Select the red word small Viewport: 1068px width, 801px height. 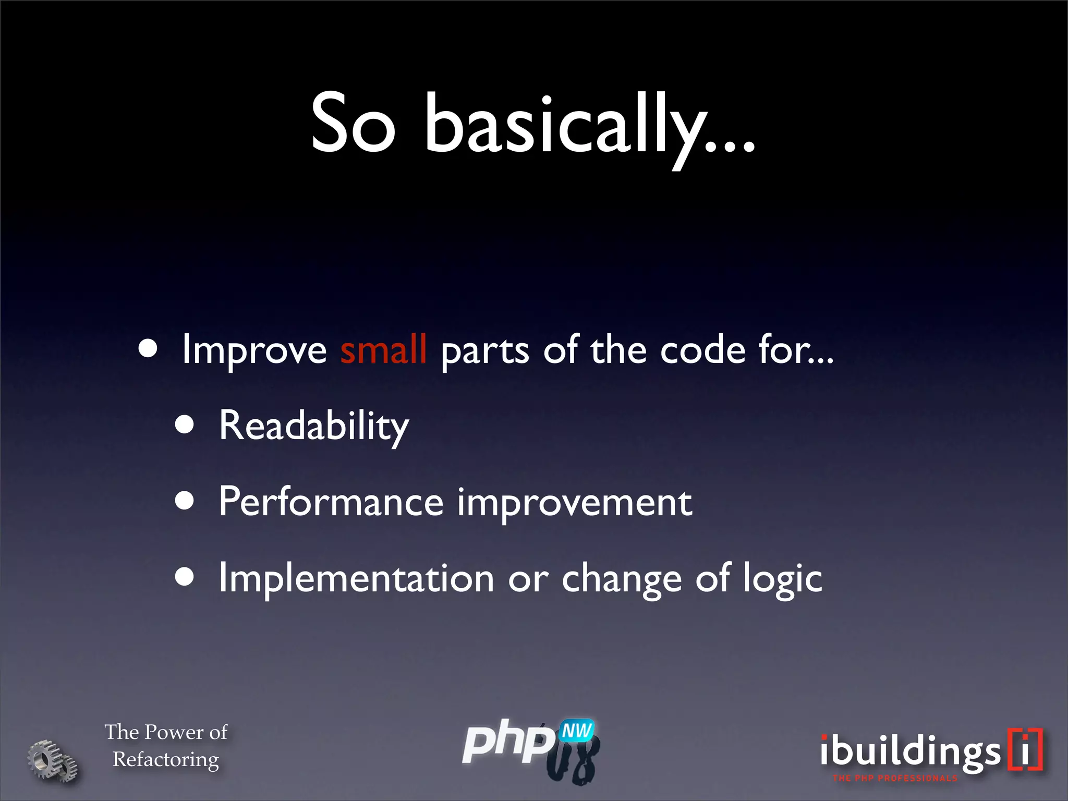[383, 350]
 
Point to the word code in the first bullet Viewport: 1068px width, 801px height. [702, 350]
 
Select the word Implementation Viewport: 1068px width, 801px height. [356, 578]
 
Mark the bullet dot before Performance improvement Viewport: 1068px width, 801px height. [185, 501]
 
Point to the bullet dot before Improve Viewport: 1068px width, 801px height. [148, 348]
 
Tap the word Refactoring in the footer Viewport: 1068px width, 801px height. [166, 759]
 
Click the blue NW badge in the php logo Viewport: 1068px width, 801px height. [577, 731]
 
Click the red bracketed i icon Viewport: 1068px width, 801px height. [1025, 749]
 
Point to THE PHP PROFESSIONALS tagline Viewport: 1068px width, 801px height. [895, 778]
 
